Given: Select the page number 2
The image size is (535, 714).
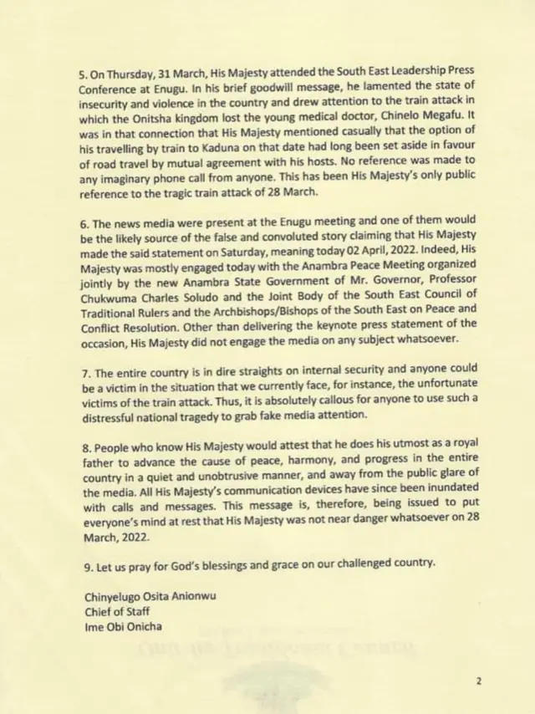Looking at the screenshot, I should (x=479, y=681).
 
